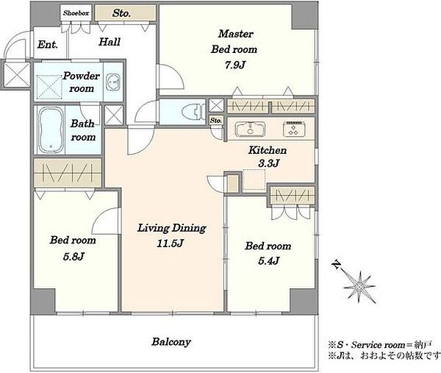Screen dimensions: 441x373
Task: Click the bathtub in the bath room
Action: (x=51, y=130)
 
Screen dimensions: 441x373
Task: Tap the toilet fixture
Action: (x=194, y=112)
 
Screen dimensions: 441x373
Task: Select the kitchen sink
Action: (x=250, y=129)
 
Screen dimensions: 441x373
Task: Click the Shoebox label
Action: (x=76, y=13)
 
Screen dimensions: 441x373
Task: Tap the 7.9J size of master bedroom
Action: (x=235, y=65)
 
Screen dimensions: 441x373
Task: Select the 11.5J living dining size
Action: (x=171, y=244)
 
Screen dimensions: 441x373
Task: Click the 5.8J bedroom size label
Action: (x=73, y=257)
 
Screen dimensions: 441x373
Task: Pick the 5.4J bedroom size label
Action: (x=269, y=261)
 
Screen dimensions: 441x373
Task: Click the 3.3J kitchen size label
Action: (x=269, y=163)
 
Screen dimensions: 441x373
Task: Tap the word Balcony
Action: (x=171, y=342)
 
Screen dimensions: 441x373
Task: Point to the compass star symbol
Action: (x=359, y=287)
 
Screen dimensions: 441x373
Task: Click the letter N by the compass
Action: (x=337, y=265)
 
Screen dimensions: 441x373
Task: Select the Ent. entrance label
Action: (x=48, y=44)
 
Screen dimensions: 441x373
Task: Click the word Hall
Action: (x=110, y=42)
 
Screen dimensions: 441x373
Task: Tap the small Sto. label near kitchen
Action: (x=216, y=121)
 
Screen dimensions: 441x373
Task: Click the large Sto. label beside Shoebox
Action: (x=121, y=13)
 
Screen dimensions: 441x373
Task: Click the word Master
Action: (x=236, y=34)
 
